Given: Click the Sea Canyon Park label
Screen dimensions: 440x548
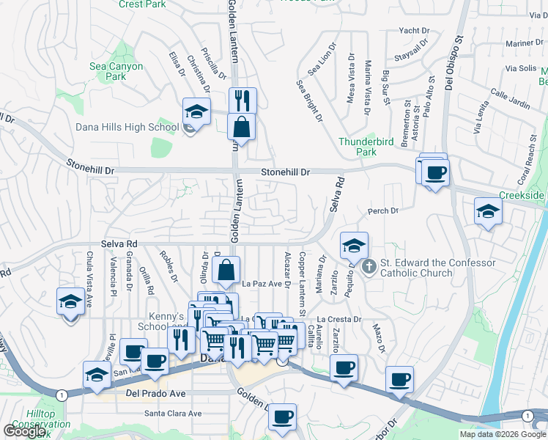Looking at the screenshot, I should coord(116,71).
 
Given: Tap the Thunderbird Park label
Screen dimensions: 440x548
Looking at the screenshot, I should coord(357,147).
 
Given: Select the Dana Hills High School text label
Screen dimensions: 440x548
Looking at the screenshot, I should coord(127,127).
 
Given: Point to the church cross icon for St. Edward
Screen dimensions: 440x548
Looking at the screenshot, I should coord(369,265).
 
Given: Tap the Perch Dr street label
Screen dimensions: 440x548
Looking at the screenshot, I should coord(382,210).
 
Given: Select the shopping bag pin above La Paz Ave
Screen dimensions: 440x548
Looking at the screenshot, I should coord(226,271).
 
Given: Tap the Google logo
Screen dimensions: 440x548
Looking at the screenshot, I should coord(25,430).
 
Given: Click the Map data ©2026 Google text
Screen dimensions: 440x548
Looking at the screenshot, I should coord(503,434).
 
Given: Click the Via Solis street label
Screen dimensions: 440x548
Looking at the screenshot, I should coord(522,68).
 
